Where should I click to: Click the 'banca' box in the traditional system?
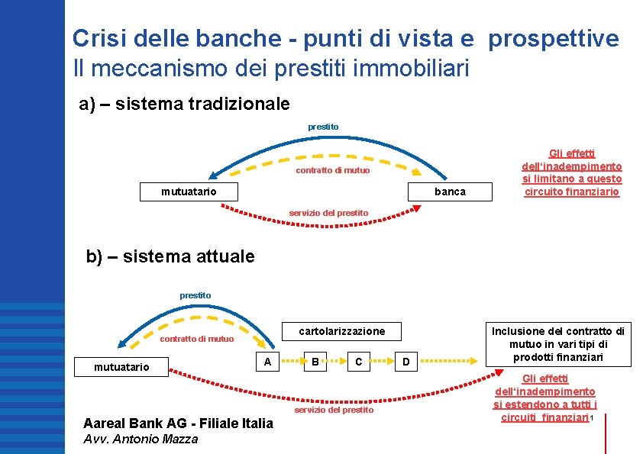click(449, 192)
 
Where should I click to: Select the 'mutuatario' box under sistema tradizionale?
click(189, 191)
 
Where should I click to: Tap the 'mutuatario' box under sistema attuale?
click(121, 368)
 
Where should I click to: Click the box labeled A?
click(267, 362)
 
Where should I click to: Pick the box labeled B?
click(314, 362)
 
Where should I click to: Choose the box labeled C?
click(359, 362)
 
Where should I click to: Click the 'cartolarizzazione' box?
click(341, 331)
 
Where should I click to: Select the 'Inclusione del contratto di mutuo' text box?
click(558, 344)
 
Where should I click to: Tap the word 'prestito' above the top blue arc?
click(323, 126)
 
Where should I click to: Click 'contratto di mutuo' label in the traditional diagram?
click(332, 170)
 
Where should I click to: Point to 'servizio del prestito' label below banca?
click(328, 213)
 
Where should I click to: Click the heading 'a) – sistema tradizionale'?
click(185, 103)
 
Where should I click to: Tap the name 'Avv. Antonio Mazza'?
click(141, 439)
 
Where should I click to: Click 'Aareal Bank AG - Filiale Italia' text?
click(178, 423)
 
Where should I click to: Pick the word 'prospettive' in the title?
click(554, 38)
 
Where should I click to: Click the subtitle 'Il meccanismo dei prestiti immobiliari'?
click(270, 69)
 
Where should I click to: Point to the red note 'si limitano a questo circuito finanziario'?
click(572, 185)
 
